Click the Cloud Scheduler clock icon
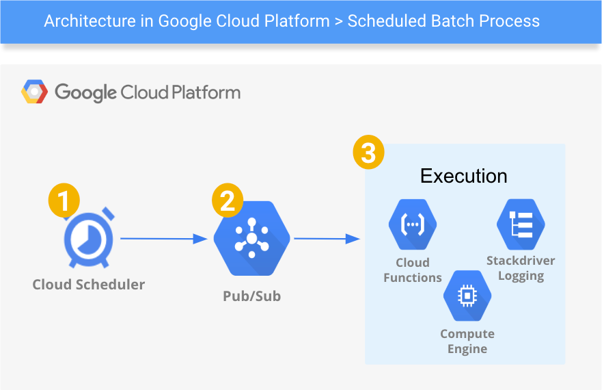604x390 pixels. (x=89, y=242)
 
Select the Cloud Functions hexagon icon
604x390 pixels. (x=413, y=223)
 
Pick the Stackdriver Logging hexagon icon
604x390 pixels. (x=521, y=224)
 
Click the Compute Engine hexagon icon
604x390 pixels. (x=467, y=295)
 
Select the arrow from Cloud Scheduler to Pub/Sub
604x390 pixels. (x=164, y=239)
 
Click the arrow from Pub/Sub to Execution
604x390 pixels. (x=327, y=239)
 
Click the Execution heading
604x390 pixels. (x=463, y=176)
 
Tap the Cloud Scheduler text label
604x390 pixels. (x=89, y=284)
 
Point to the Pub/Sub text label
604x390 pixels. (x=251, y=296)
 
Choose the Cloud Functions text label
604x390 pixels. (x=413, y=270)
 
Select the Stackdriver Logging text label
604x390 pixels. (x=521, y=268)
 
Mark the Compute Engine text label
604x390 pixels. (x=467, y=341)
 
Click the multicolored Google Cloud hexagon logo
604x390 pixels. (x=35, y=92)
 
